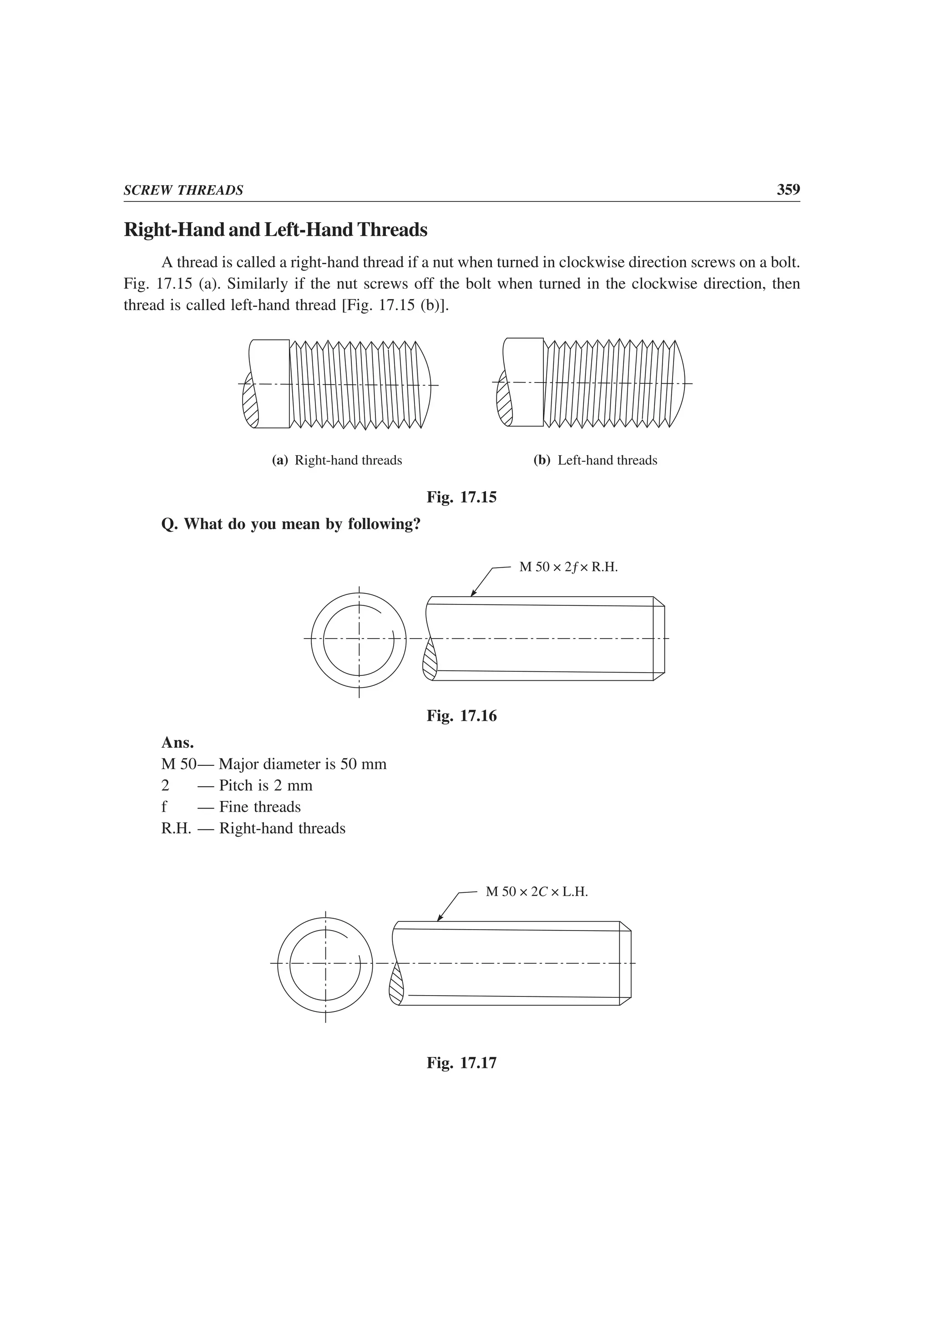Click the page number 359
click(788, 190)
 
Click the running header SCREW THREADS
click(183, 191)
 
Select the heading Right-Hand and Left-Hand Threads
click(276, 230)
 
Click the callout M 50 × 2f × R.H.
click(568, 567)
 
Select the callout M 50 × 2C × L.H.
click(537, 891)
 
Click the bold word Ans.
click(177, 743)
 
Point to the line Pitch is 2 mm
click(265, 785)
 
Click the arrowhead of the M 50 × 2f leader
click(473, 594)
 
